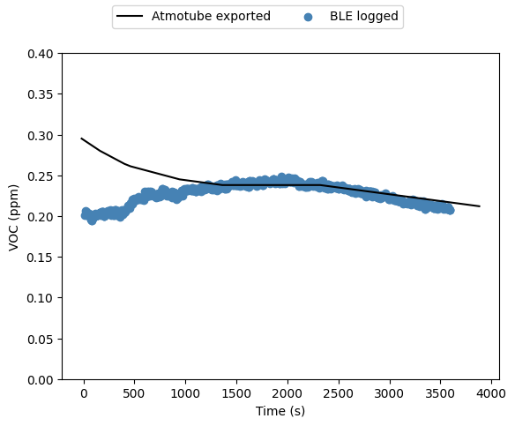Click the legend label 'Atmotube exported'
click(x=211, y=16)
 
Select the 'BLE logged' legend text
click(x=364, y=16)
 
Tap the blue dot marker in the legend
click(x=308, y=17)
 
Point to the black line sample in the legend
click(x=130, y=16)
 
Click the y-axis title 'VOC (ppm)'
click(x=13, y=218)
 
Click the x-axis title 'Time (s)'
click(x=280, y=411)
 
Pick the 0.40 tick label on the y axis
click(x=40, y=54)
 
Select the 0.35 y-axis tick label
click(x=40, y=94)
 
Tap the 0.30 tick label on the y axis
click(x=40, y=136)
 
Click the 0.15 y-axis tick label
click(x=40, y=258)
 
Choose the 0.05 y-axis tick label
click(x=40, y=340)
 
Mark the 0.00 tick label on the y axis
click(x=40, y=380)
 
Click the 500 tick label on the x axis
click(x=133, y=393)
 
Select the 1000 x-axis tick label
click(x=185, y=393)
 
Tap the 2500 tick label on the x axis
click(x=339, y=393)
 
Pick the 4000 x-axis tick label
click(x=491, y=393)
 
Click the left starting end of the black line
click(x=81, y=138)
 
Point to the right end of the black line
click(x=480, y=206)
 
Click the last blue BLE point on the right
click(x=451, y=210)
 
